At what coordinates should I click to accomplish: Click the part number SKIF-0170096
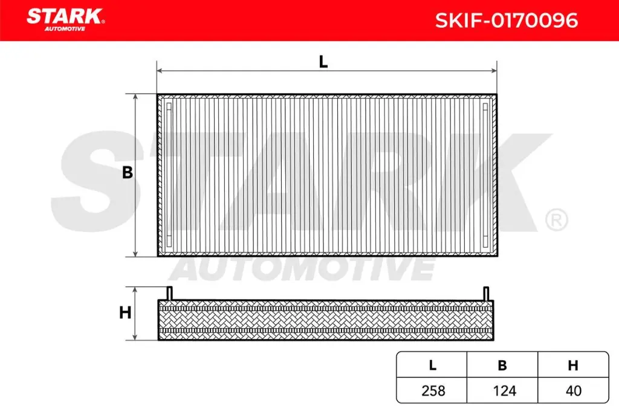pos(507,21)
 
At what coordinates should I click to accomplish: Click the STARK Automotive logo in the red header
pos(65,18)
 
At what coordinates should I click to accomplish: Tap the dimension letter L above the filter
pos(323,62)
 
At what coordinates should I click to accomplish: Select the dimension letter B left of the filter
pos(128,173)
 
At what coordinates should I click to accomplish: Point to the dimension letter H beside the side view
pos(125,313)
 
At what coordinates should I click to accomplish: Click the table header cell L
pos(432,365)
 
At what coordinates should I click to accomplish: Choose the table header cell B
pos(502,365)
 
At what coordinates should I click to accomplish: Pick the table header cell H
pos(573,365)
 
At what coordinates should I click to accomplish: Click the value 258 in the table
pos(432,390)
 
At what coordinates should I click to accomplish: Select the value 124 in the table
pos(502,390)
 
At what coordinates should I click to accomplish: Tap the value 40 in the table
pos(573,390)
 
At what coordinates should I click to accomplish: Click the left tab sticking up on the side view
pos(170,292)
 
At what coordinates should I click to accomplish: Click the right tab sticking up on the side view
pos(485,292)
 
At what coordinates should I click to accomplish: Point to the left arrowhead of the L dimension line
pos(160,71)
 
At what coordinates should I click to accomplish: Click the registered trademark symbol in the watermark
pos(556,219)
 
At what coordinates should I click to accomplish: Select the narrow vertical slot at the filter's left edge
pos(169,174)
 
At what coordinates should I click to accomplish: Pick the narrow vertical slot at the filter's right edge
pos(485,174)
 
